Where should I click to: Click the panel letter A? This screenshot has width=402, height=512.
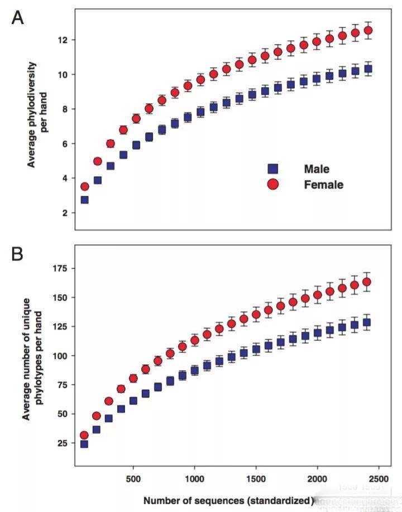[18, 18]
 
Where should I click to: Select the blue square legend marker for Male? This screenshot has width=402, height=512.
[273, 168]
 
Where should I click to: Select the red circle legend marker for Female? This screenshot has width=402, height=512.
[273, 184]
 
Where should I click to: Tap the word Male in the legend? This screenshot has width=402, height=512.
[317, 168]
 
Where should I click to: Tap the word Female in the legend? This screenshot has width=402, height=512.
[323, 184]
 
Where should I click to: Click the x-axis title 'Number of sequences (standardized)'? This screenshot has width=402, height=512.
[228, 500]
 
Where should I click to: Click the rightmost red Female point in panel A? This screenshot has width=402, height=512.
[367, 31]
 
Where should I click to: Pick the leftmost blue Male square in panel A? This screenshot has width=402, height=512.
[84, 199]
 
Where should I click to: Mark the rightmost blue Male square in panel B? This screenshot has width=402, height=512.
[367, 322]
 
